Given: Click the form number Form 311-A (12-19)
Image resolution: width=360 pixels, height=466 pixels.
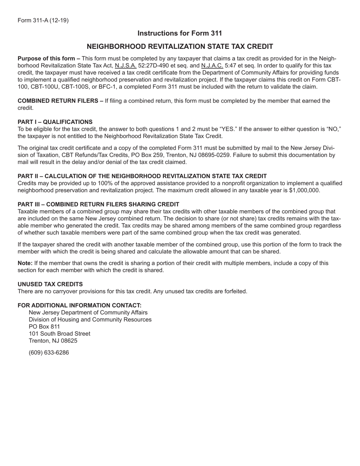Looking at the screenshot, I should tap(43, 20).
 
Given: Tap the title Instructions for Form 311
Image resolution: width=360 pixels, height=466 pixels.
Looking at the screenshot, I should tap(180, 33).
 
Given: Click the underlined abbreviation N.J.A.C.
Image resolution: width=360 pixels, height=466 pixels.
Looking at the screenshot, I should tap(212, 66).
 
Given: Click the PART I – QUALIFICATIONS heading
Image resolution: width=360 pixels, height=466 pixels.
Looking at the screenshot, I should tap(55, 122).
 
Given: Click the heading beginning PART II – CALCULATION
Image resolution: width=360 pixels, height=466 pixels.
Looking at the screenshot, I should tap(142, 176).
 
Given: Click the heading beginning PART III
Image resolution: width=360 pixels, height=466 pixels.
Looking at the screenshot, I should tap(98, 205).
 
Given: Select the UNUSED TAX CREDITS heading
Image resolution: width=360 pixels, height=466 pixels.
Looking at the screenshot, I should tap(50, 285).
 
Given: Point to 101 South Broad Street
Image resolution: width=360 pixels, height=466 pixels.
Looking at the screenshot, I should tap(59, 334).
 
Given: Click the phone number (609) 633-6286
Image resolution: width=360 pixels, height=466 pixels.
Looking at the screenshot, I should tap(49, 353).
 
